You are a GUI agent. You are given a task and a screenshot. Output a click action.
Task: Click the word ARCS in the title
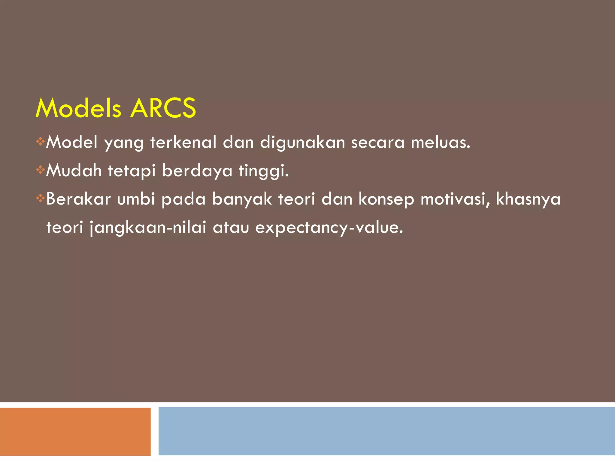pos(163,108)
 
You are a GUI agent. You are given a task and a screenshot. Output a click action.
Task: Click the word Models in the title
pos(78,108)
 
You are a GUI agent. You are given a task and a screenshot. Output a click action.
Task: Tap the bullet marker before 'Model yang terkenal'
pos(40,141)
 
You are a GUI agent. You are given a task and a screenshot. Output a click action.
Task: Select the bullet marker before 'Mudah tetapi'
pos(40,170)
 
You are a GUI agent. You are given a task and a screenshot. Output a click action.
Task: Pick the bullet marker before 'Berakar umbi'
pos(40,198)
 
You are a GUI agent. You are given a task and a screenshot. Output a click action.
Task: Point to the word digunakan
pos(302,143)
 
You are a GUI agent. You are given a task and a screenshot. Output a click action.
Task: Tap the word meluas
pos(440,142)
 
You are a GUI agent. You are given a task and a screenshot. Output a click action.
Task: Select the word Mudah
pos(74,171)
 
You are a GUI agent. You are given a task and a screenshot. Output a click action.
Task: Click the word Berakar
pos(78,199)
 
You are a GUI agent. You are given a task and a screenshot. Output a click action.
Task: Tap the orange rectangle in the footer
pos(75,431)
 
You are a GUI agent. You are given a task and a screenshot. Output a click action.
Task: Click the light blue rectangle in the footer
pos(386,431)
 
